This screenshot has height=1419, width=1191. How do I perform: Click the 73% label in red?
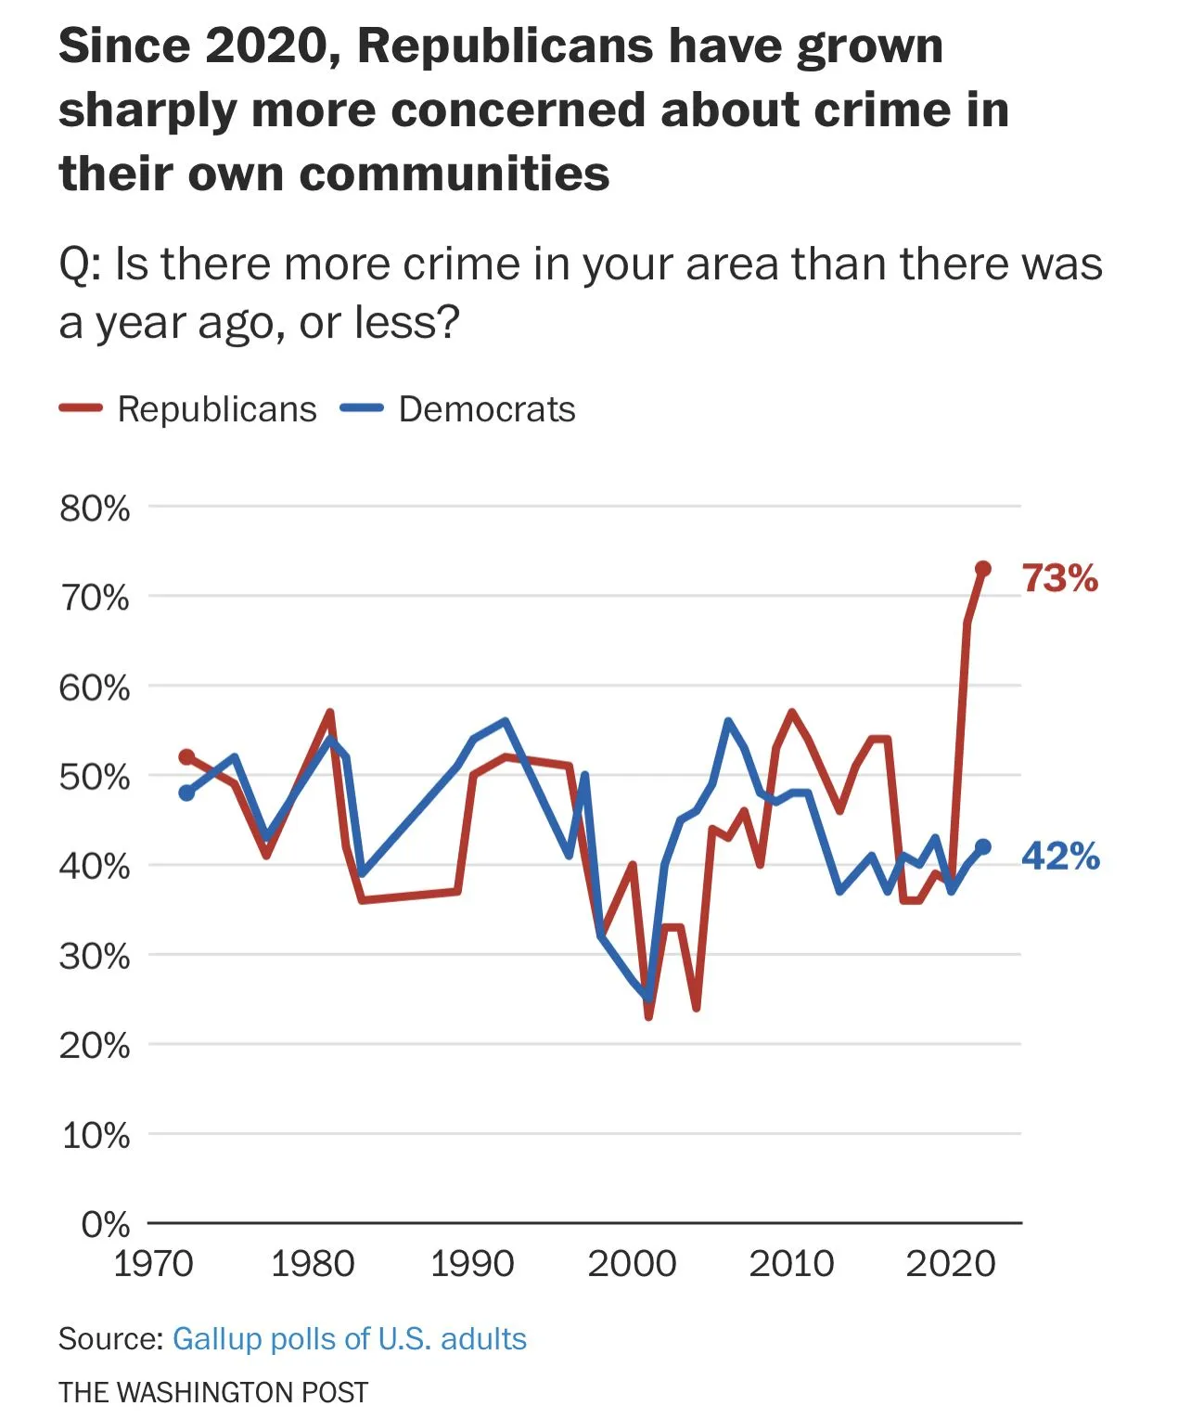pyautogui.click(x=1059, y=577)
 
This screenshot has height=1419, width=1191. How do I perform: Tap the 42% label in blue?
pyautogui.click(x=1060, y=856)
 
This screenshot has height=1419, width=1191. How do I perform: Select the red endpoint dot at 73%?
pyautogui.click(x=983, y=569)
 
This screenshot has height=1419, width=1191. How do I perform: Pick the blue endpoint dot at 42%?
pyautogui.click(x=983, y=846)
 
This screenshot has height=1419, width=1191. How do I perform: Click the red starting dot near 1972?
pyautogui.click(x=186, y=757)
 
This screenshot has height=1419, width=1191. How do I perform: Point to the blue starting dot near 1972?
pyautogui.click(x=186, y=793)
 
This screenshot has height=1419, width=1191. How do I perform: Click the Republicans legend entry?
pyautogui.click(x=216, y=409)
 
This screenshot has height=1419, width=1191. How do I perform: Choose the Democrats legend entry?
pyautogui.click(x=486, y=409)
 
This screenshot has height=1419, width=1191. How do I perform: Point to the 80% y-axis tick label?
pyautogui.click(x=95, y=509)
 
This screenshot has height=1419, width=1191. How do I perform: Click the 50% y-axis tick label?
pyautogui.click(x=95, y=777)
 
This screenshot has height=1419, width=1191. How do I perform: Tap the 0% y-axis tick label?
pyautogui.click(x=105, y=1224)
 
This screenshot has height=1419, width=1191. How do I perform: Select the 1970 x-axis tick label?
pyautogui.click(x=153, y=1263)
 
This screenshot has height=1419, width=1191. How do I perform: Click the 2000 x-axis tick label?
pyautogui.click(x=632, y=1263)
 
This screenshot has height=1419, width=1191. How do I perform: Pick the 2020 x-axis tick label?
pyautogui.click(x=950, y=1263)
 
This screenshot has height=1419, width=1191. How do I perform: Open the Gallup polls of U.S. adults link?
pyautogui.click(x=350, y=1338)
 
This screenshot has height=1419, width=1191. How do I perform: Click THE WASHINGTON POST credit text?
pyautogui.click(x=213, y=1392)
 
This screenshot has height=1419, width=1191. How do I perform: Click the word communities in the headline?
pyautogui.click(x=455, y=174)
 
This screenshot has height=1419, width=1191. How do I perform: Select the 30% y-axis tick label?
pyautogui.click(x=95, y=956)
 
